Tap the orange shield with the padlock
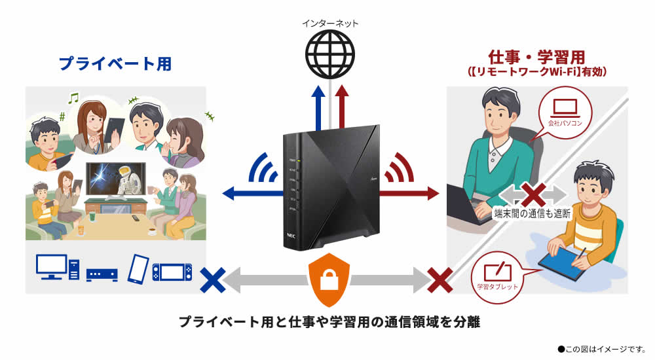(x=329, y=279)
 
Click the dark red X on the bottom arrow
(x=440, y=279)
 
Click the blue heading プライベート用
(x=115, y=63)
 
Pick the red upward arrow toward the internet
(x=342, y=108)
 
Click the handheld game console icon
(x=172, y=270)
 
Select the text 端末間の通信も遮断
(x=533, y=213)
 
